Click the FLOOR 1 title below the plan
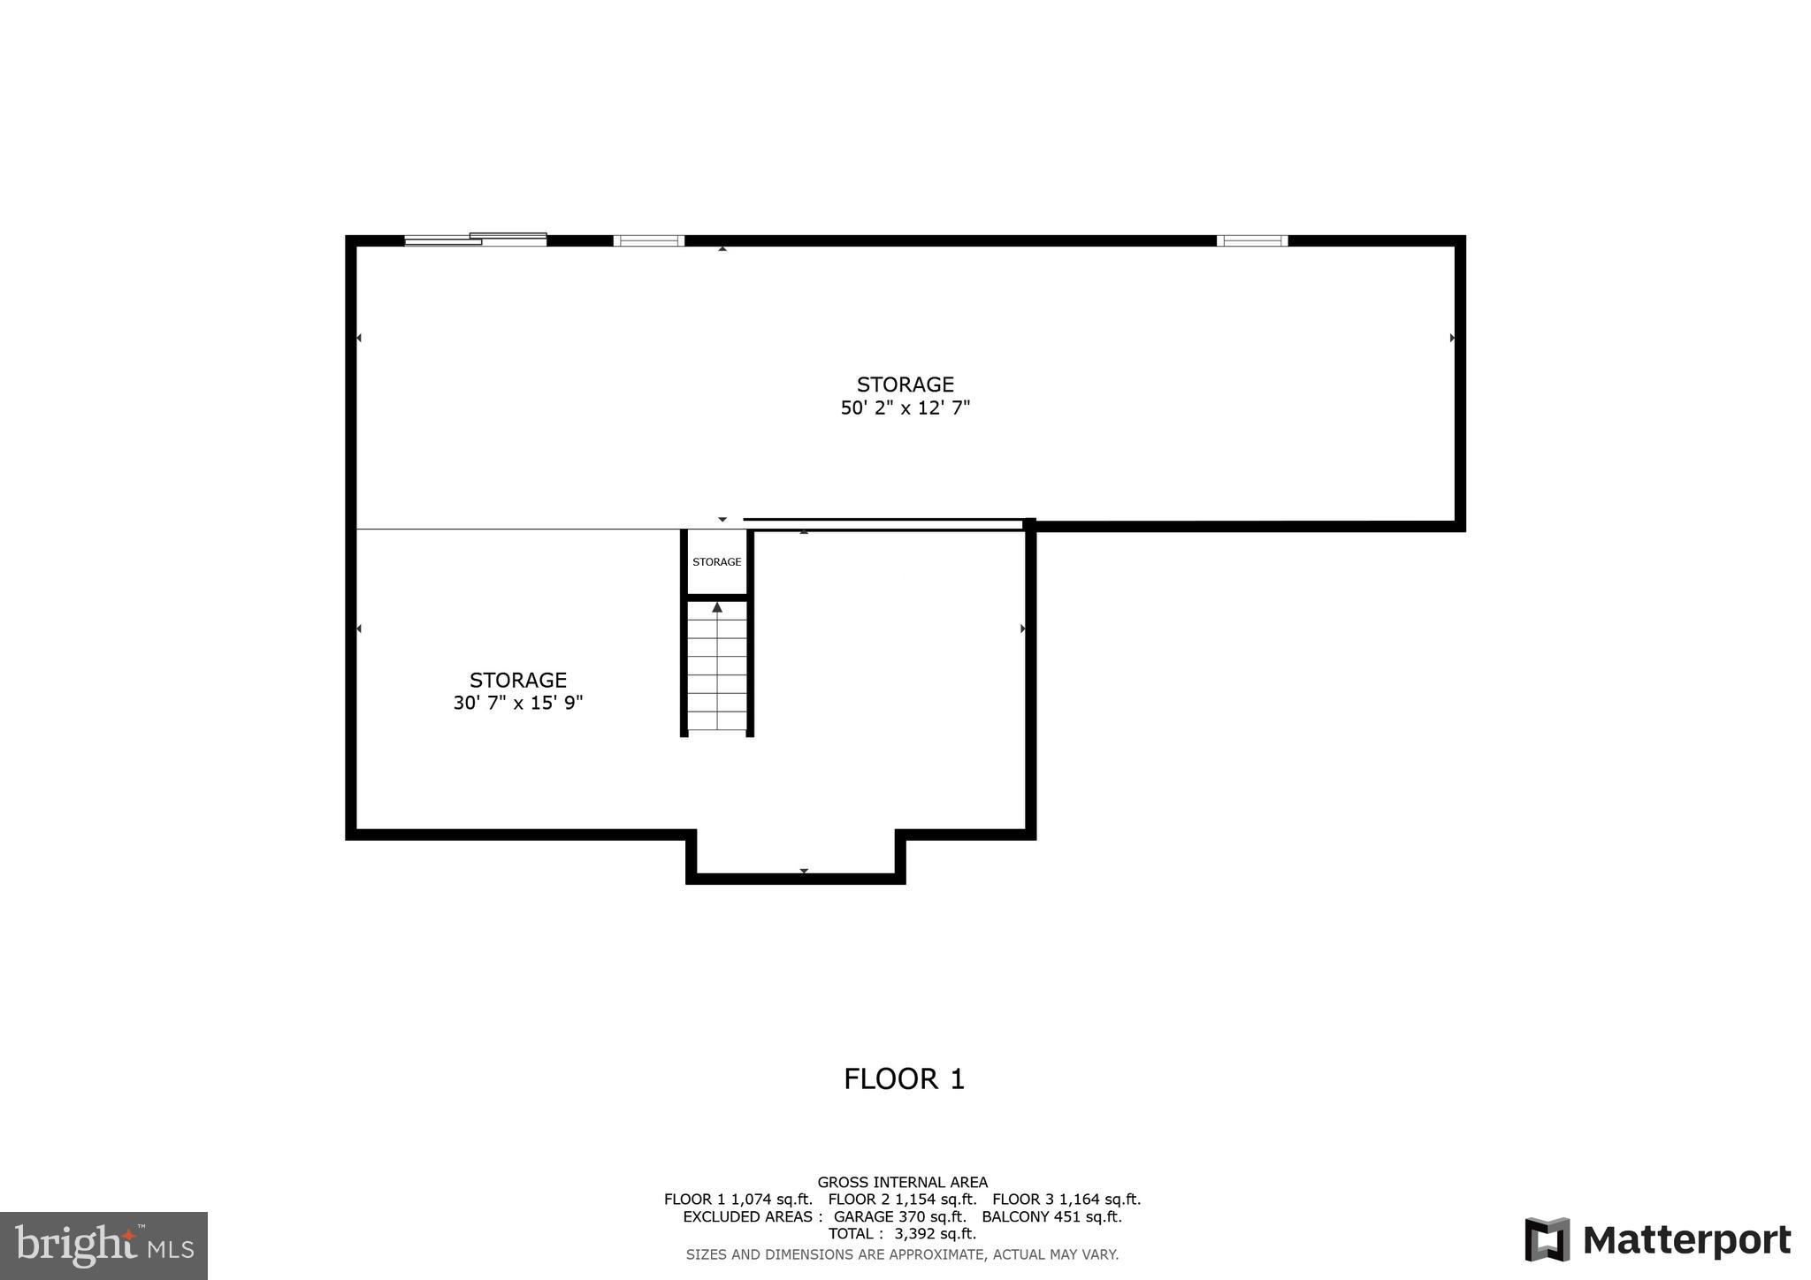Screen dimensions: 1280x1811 pos(904,1079)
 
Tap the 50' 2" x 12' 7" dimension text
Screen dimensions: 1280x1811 pos(905,408)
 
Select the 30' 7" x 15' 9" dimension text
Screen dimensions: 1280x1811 pos(518,704)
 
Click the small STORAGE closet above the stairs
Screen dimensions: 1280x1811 pos(716,562)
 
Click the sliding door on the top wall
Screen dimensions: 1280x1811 pos(476,239)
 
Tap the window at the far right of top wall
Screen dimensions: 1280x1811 pos(1252,240)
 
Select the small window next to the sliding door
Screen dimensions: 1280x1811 pos(648,240)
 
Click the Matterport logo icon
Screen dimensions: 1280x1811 pos(1547,1239)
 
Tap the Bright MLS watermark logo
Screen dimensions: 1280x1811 pos(103,1246)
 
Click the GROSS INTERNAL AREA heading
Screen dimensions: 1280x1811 pos(902,1182)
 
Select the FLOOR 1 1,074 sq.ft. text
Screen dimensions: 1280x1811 pos(737,1200)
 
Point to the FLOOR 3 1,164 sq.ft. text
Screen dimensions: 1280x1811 pos(1066,1200)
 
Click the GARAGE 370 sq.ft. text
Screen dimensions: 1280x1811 pos(899,1217)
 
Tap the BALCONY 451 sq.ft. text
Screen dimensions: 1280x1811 pos(1051,1217)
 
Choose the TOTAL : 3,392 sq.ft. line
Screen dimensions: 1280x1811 pos(902,1234)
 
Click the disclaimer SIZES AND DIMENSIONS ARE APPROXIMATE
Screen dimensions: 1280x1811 pos(902,1254)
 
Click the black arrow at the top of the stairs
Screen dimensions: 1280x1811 pos(717,608)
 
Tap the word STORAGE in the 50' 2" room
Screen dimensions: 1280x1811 pos(905,385)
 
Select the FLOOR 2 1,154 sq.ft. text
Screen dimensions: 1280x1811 pos(902,1200)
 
